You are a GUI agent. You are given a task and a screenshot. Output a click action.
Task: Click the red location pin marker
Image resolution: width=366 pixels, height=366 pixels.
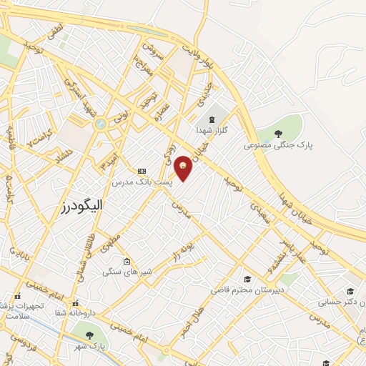tap(183, 168)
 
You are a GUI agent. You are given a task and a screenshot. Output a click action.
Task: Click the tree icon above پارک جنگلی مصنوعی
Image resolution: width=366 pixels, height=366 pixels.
tap(279, 132)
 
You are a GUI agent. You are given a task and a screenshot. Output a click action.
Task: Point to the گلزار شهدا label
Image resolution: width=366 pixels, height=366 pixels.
tap(212, 132)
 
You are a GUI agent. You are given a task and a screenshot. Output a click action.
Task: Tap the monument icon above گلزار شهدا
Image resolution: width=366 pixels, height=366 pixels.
tap(212, 119)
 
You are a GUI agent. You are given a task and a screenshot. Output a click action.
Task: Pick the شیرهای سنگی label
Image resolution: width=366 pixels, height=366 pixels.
tap(127, 272)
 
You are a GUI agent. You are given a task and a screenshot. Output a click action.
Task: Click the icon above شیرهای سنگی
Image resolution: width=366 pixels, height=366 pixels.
tap(127, 260)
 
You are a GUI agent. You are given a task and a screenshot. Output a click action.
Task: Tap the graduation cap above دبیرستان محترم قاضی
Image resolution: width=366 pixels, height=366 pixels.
tap(247, 279)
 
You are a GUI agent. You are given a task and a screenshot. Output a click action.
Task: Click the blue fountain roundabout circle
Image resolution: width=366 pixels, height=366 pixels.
tap(99, 124)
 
